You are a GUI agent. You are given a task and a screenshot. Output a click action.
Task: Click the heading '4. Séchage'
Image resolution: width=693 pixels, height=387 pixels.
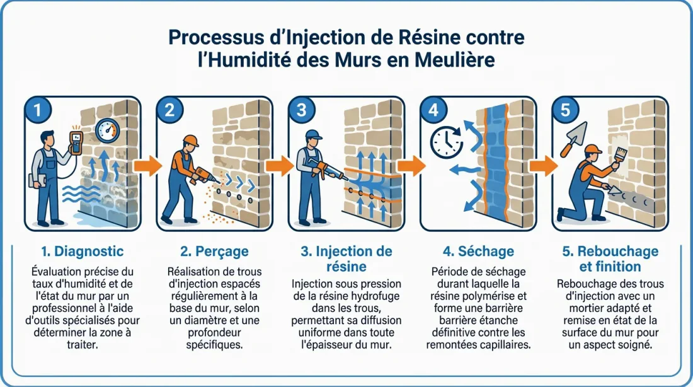point(479,251)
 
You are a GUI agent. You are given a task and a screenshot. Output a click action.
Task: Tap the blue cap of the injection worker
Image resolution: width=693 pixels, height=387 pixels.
point(312,134)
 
